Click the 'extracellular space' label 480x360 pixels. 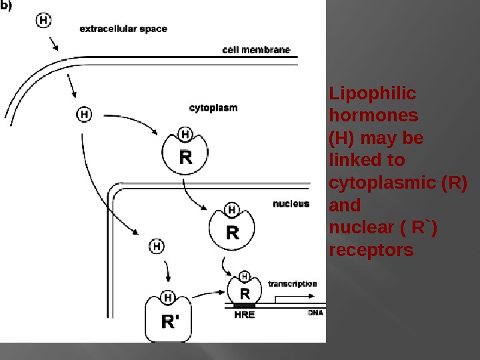pos(123,29)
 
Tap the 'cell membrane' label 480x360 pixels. pos(256,50)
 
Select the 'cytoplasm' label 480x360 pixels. pos(213,107)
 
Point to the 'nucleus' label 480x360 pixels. pos(291,203)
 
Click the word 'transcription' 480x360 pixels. pos(292,283)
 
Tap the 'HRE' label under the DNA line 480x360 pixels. pos(245,315)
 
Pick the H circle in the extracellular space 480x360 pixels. pos(43,21)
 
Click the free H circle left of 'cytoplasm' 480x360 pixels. pos(84,114)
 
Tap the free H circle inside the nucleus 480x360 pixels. pos(156,246)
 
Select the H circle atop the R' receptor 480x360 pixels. pos(168,297)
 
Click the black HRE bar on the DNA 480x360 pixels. pos(245,306)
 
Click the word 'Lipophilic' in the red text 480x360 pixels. pos(372,93)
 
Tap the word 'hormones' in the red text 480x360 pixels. pos(374,115)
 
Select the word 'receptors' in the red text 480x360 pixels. pos(371,250)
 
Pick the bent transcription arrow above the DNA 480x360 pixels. pos(293,297)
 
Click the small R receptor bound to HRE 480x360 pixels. pos(245,292)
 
